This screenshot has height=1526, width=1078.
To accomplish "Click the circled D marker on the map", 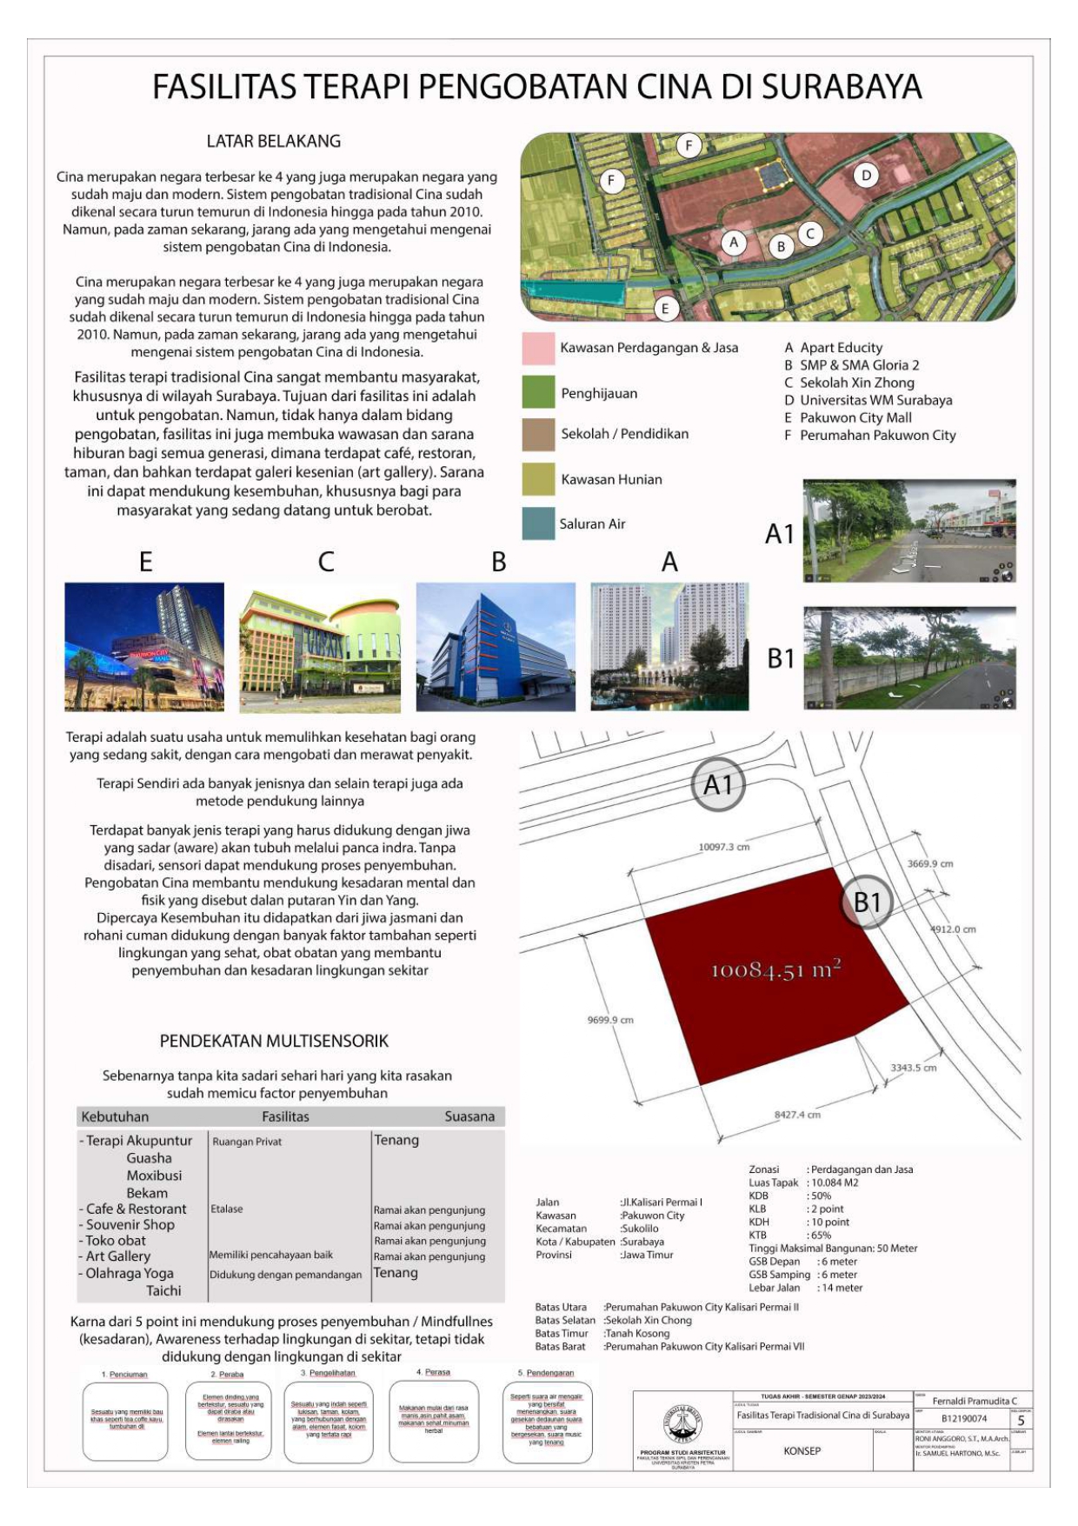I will [865, 176].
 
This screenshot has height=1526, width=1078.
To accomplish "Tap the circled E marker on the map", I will [665, 308].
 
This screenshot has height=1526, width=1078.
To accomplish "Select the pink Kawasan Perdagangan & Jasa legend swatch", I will [538, 348].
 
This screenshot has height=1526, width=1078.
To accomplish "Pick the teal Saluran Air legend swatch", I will [538, 523].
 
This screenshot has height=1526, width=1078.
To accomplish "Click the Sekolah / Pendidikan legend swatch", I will [538, 434].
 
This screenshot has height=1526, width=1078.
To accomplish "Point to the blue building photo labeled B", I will [496, 646].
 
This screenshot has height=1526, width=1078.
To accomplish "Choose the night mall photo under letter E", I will [144, 646].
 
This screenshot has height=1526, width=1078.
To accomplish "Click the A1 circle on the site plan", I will [718, 785].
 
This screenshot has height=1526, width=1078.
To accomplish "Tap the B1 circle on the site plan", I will [867, 903].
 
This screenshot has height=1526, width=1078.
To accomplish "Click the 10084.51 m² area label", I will [775, 969].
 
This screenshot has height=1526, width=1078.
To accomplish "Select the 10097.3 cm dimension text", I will [723, 846].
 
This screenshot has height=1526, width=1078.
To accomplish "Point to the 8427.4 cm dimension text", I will [797, 1114].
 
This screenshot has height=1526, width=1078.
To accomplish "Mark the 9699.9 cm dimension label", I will [610, 1020].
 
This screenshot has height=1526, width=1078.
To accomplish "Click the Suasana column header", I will [469, 1116].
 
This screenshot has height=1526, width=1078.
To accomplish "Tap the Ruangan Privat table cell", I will [247, 1142].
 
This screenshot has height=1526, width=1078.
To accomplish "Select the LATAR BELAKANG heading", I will [273, 141].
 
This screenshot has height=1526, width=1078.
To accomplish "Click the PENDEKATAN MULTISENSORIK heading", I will [274, 1041].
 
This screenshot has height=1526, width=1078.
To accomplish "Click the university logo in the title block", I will [682, 1424].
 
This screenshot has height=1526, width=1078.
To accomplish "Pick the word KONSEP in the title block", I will [802, 1450].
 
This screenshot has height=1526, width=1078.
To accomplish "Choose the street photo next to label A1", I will [909, 530].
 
